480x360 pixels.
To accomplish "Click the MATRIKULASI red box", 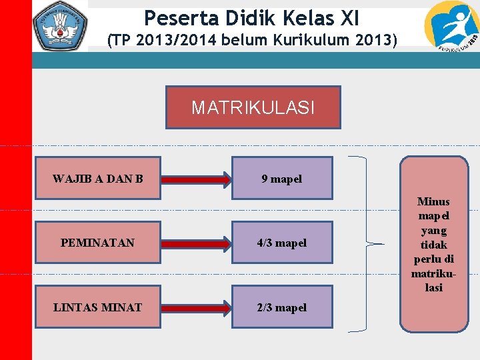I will [x=253, y=107].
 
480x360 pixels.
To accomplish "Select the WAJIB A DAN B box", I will [x=98, y=179].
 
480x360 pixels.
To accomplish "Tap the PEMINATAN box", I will [x=98, y=243].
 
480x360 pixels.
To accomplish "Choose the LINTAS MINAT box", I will [x=98, y=307].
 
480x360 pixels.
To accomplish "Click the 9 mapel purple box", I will [x=282, y=179].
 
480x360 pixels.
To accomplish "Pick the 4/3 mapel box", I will [x=282, y=243].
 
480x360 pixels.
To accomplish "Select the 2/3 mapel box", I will [x=282, y=307].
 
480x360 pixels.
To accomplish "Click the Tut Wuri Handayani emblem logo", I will [x=61, y=26].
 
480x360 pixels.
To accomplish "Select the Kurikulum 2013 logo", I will [x=451, y=27].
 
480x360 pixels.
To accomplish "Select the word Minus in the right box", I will [x=433, y=201].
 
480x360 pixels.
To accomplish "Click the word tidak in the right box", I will [x=433, y=245].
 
